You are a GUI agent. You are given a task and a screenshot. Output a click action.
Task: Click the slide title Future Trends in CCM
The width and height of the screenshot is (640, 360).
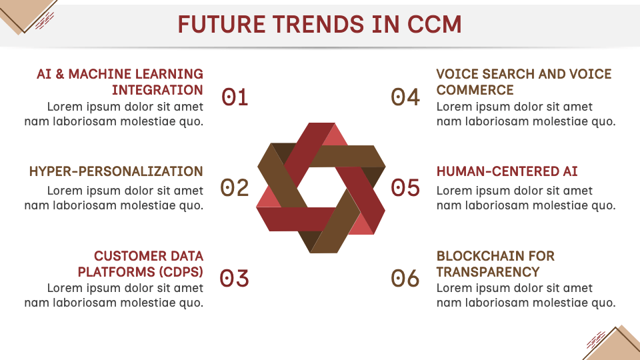(x=319, y=24)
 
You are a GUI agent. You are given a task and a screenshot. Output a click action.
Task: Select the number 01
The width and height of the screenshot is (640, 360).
(x=235, y=97)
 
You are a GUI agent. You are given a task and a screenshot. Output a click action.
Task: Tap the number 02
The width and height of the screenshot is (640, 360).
(x=234, y=188)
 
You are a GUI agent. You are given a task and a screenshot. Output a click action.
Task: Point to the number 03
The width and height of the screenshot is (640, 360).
(x=234, y=279)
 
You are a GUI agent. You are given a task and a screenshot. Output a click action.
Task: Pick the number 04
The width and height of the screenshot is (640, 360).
(x=405, y=97)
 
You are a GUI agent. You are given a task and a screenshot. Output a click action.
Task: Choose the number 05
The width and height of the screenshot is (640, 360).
(x=405, y=188)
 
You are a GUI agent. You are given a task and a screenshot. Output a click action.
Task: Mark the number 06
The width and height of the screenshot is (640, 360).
(x=405, y=279)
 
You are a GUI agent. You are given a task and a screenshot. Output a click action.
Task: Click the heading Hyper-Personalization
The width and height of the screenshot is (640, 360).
(x=116, y=171)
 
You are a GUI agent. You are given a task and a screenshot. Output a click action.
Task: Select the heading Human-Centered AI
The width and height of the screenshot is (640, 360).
(x=507, y=171)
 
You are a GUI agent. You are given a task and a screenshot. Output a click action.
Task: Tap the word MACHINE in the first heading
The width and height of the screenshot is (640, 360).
(x=100, y=74)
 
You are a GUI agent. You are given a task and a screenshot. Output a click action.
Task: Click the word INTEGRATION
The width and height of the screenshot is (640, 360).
(x=157, y=90)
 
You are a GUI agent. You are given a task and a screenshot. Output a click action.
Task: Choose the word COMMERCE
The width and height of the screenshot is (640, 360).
(x=475, y=90)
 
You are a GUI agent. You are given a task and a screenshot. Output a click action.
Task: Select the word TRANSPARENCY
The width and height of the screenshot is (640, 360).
(x=488, y=272)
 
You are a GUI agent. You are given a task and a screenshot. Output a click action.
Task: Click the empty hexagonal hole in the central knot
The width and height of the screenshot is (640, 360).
(x=321, y=187)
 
